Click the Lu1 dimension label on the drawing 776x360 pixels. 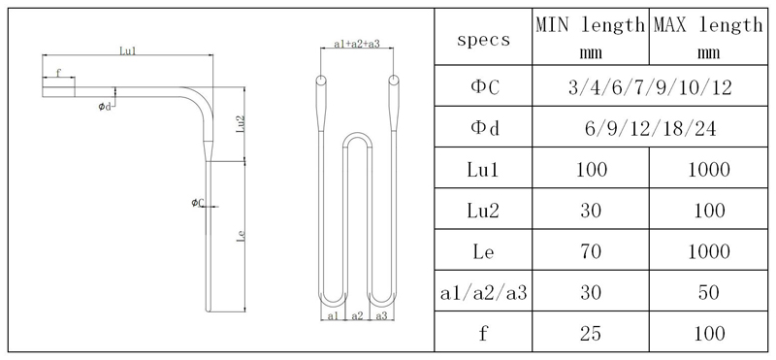coord(128,50)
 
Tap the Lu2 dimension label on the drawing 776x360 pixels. coord(241,124)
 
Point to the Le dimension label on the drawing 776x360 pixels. coord(241,236)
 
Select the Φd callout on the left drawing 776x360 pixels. coord(105,106)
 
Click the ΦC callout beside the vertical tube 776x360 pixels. coord(198,202)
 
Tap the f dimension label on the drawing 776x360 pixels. coord(58,73)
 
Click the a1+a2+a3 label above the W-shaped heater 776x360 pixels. coord(357,44)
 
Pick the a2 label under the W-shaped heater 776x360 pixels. coord(357,315)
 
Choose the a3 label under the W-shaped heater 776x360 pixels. coord(381,315)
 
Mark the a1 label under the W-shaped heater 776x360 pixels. coord(333,315)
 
